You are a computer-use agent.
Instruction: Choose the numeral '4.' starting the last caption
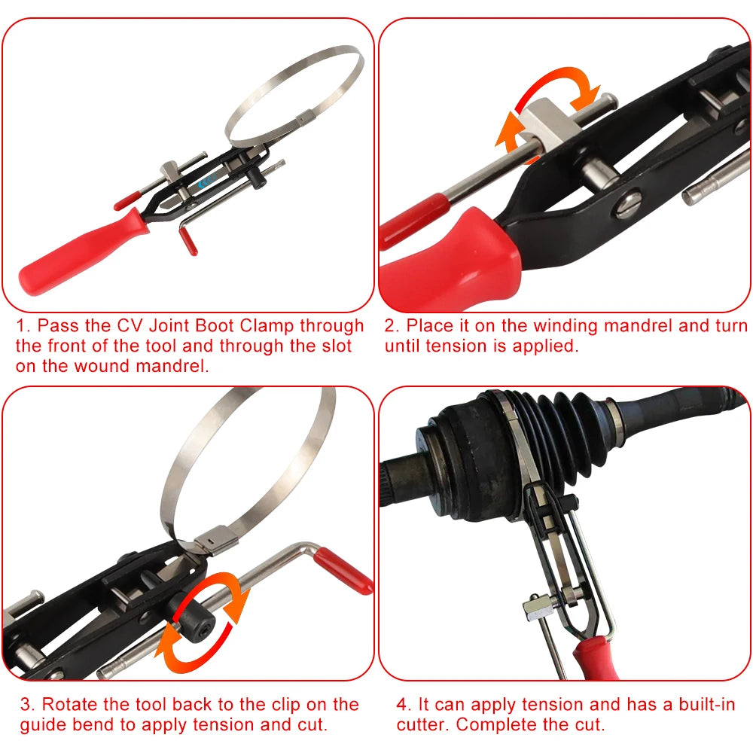404,705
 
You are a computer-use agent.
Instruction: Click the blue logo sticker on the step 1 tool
204,181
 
